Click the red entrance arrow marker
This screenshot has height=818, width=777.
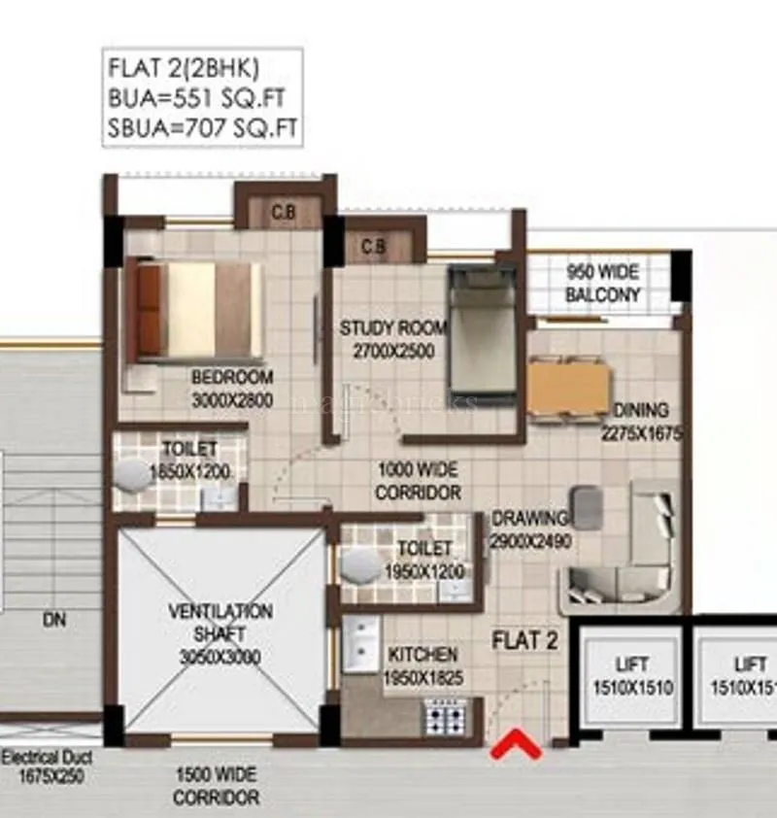[x=515, y=746]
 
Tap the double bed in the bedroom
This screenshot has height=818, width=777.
[x=194, y=310]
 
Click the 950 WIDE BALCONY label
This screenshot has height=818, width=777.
[x=603, y=283]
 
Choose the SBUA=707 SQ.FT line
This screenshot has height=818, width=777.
[x=202, y=126]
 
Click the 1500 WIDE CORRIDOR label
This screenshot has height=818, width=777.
[x=217, y=786]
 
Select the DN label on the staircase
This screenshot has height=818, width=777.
[x=54, y=620]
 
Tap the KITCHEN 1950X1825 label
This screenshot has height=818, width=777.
[x=422, y=665]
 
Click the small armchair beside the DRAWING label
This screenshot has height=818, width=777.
[x=587, y=506]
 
